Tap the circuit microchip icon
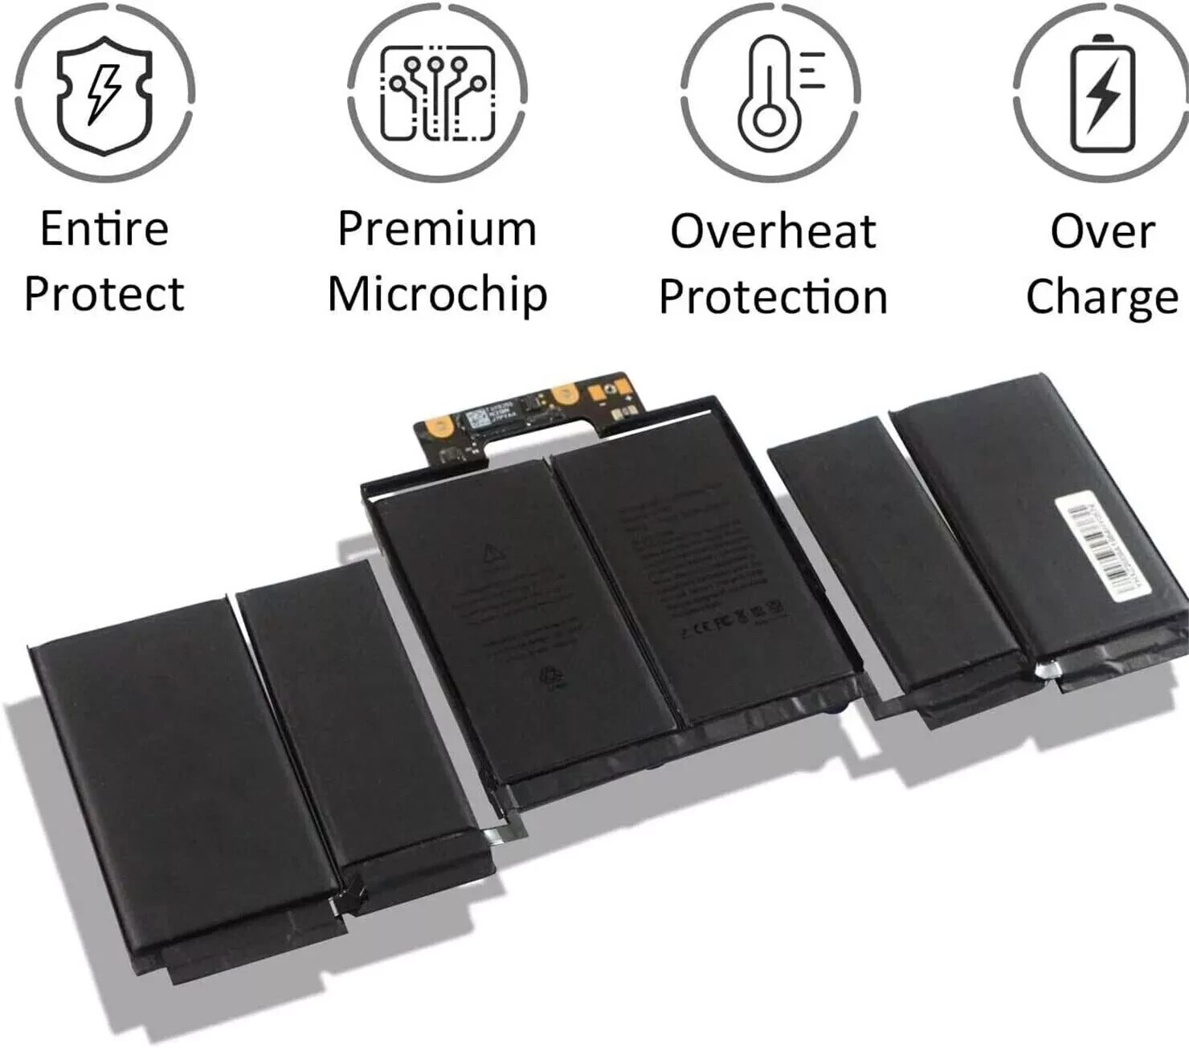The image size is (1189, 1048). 437,92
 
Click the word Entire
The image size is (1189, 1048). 104,229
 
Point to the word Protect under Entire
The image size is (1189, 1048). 104,294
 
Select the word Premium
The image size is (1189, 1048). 437,229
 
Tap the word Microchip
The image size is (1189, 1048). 437,296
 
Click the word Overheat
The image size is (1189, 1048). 772,231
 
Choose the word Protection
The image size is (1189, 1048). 773,297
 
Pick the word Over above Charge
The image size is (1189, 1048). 1102,231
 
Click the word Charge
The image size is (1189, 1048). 1102,297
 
